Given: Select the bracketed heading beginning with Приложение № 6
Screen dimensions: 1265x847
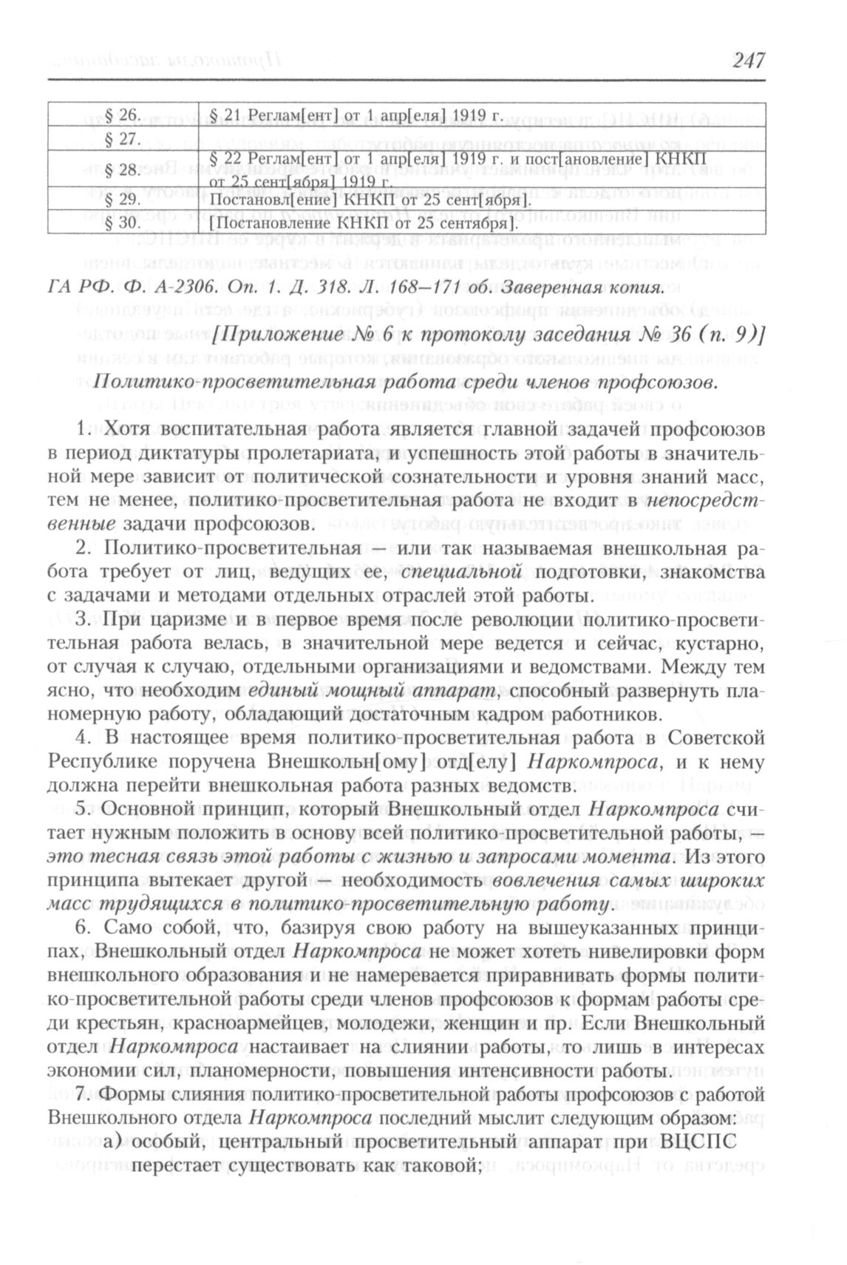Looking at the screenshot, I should (488, 335).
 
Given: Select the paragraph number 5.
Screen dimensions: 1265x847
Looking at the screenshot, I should (82, 810).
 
